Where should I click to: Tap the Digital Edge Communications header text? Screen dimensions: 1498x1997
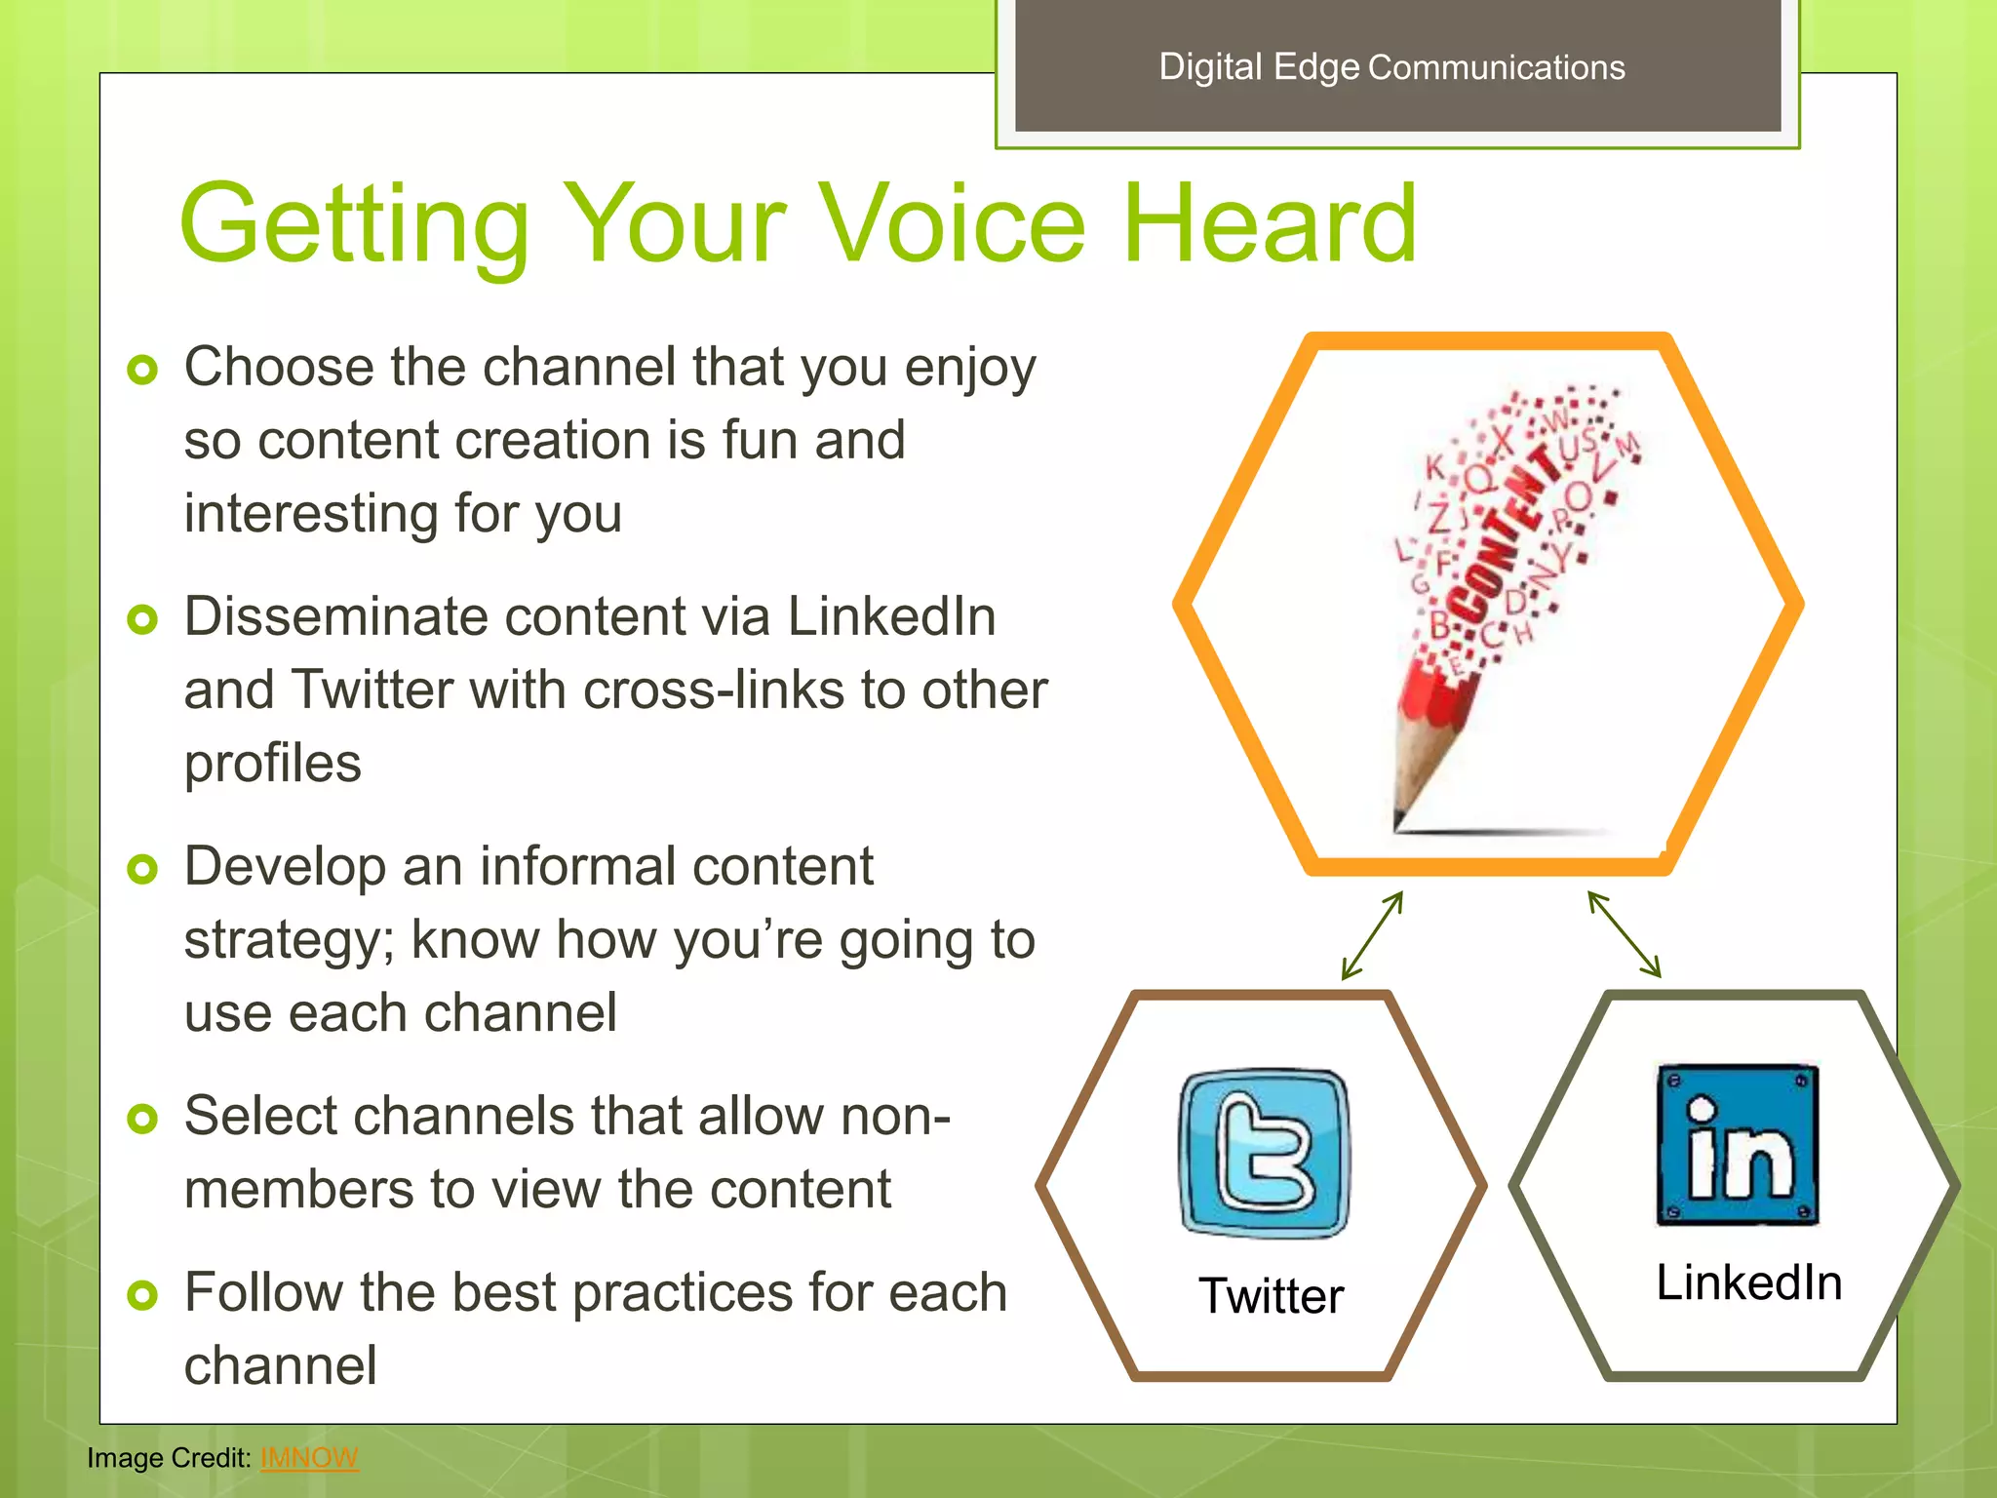coord(1391,67)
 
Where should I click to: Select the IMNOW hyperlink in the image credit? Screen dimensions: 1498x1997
coord(309,1457)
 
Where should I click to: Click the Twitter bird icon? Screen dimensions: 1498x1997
coord(1265,1153)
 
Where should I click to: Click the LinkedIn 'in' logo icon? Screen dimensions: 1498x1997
coord(1738,1145)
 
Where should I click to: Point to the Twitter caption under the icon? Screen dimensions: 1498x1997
coord(1271,1296)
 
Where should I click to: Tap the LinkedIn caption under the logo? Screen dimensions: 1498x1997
coord(1748,1281)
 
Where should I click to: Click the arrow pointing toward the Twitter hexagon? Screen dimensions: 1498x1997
coord(1372,935)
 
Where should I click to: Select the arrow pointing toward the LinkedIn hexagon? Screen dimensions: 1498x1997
coord(1625,934)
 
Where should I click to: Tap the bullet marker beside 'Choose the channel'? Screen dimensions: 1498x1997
coord(142,370)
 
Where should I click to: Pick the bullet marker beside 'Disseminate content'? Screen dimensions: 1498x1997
coord(142,619)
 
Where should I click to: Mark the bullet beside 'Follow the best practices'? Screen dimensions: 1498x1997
coord(142,1295)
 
